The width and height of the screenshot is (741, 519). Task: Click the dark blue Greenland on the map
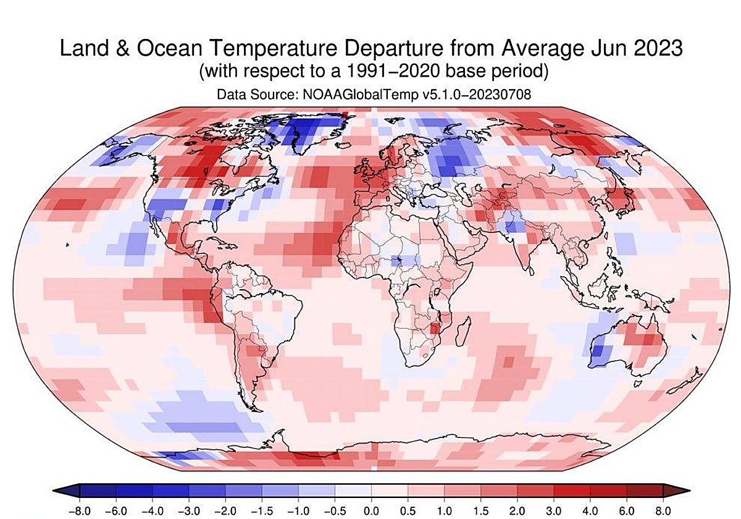(309, 130)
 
